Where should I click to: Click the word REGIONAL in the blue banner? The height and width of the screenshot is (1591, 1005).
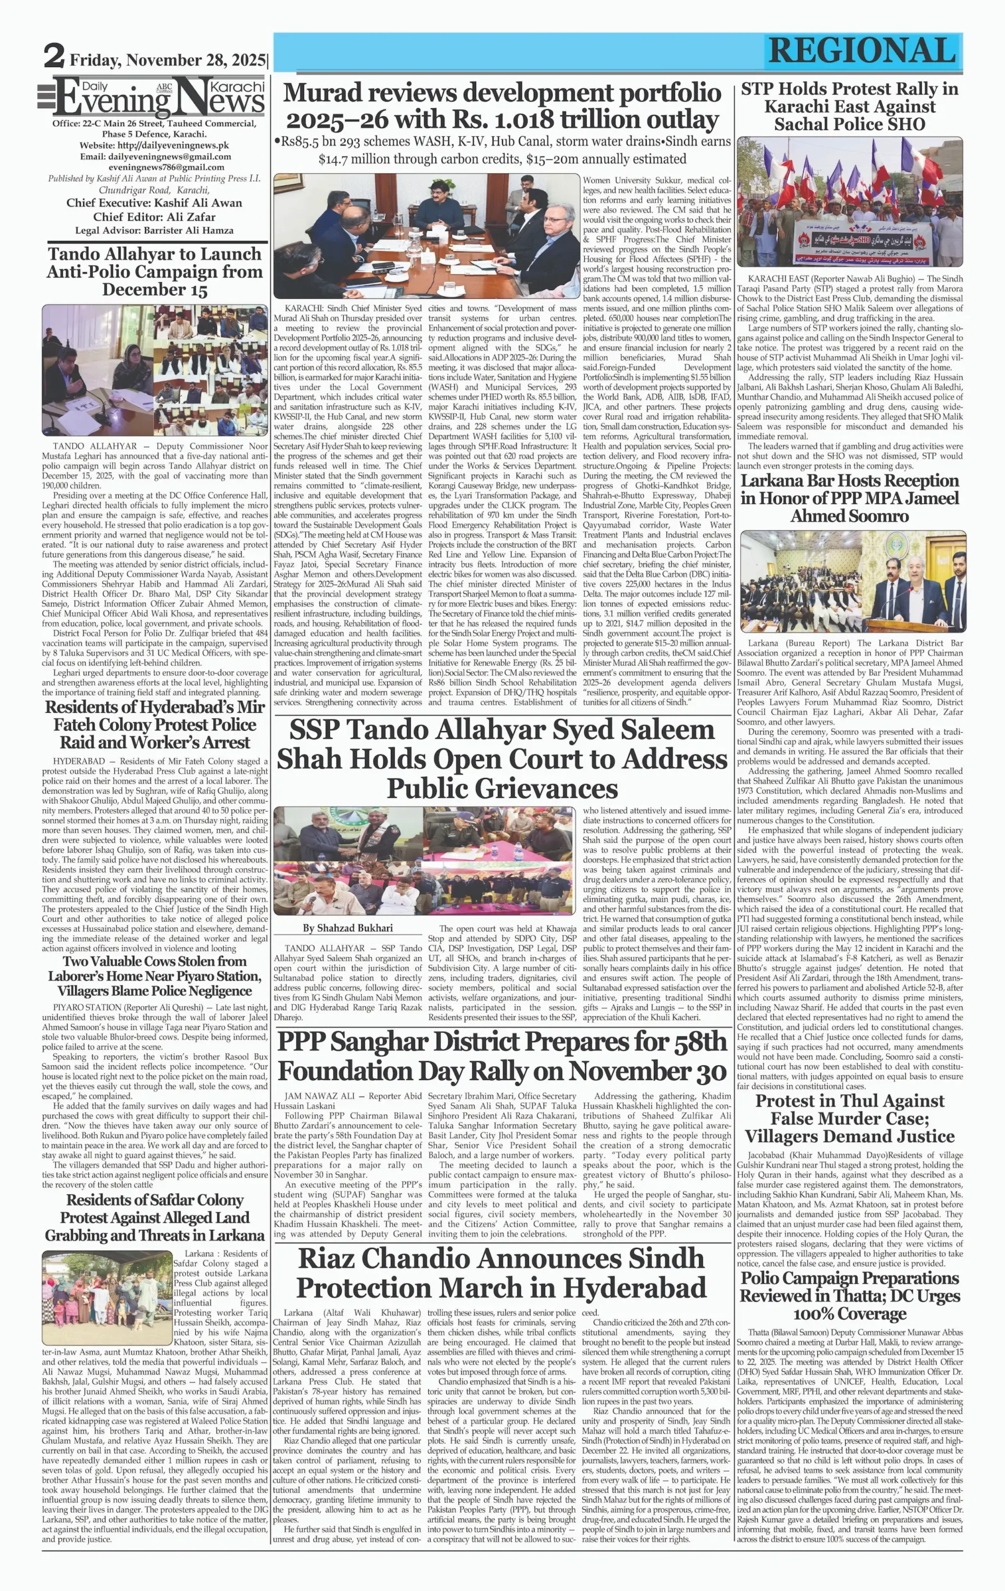tap(862, 51)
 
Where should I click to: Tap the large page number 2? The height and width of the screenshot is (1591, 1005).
tap(53, 56)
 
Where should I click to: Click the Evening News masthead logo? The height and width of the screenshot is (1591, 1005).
tap(152, 96)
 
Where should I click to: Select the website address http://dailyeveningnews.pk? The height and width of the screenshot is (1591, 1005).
tap(154, 145)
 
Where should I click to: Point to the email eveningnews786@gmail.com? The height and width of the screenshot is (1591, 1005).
tap(154, 168)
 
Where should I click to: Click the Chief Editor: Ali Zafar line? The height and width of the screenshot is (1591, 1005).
tap(154, 217)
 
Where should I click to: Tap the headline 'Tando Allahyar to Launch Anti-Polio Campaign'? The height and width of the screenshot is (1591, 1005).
tap(155, 272)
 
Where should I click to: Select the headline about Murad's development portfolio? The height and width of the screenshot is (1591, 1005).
tap(502, 106)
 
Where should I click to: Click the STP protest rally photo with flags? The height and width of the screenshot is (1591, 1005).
tap(850, 202)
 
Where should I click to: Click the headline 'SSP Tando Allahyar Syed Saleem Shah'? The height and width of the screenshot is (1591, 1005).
tap(502, 758)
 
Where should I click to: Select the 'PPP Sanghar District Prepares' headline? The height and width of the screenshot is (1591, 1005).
tap(502, 1056)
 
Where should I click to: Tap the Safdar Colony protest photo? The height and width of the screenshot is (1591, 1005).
tap(107, 1297)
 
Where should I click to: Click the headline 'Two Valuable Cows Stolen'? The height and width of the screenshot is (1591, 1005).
tap(155, 976)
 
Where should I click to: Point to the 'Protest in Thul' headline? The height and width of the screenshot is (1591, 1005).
tap(850, 1119)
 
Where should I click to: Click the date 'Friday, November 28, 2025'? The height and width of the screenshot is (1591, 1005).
tap(168, 60)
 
